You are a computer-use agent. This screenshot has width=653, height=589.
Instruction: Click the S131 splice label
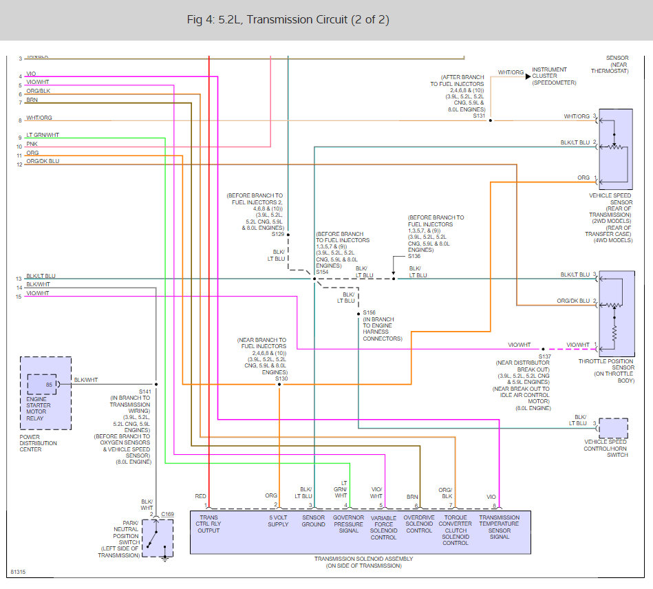click(x=479, y=116)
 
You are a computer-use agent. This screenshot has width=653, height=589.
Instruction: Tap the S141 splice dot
click(x=157, y=384)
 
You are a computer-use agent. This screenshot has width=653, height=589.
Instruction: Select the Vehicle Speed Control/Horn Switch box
click(x=614, y=428)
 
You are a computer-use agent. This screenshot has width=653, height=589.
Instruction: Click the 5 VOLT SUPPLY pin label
click(x=278, y=521)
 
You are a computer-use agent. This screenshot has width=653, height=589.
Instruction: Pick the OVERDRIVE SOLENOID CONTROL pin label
click(x=418, y=524)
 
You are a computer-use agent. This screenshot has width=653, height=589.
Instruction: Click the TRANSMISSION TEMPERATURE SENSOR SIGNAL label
click(x=500, y=526)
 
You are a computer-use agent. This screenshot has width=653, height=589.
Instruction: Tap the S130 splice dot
click(x=279, y=384)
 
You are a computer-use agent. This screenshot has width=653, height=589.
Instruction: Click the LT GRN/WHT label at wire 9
click(x=43, y=135)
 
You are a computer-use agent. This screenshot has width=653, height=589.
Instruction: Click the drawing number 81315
click(x=18, y=572)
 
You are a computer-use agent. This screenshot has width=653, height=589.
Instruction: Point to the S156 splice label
click(x=370, y=312)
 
